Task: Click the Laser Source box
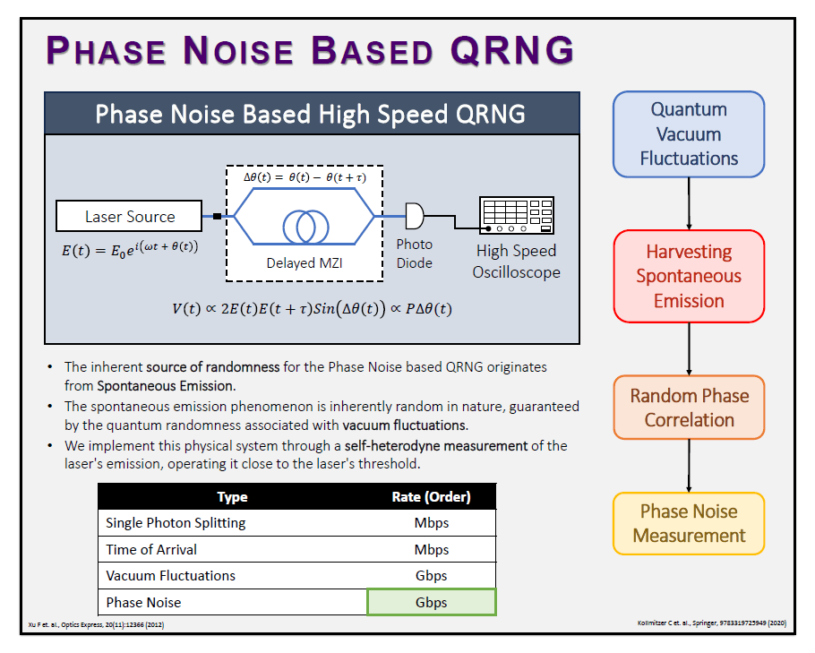point(129,216)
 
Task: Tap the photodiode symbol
point(415,216)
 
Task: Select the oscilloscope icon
point(516,215)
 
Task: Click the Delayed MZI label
point(305,263)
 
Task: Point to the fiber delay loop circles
point(305,226)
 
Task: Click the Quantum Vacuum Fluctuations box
point(689,134)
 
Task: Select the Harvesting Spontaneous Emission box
point(689,276)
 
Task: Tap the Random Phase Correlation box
point(689,408)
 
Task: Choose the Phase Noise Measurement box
point(689,523)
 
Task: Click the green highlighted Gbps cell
point(432,602)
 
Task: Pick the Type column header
point(232,497)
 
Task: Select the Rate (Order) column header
point(431,497)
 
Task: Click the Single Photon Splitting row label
point(176,523)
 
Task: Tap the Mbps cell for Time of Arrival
point(432,549)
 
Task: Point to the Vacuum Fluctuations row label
point(170,576)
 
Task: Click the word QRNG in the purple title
point(512,51)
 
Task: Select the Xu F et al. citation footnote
point(96,624)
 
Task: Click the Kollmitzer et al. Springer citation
point(712,623)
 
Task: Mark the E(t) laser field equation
point(130,248)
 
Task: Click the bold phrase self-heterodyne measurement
point(436,445)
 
